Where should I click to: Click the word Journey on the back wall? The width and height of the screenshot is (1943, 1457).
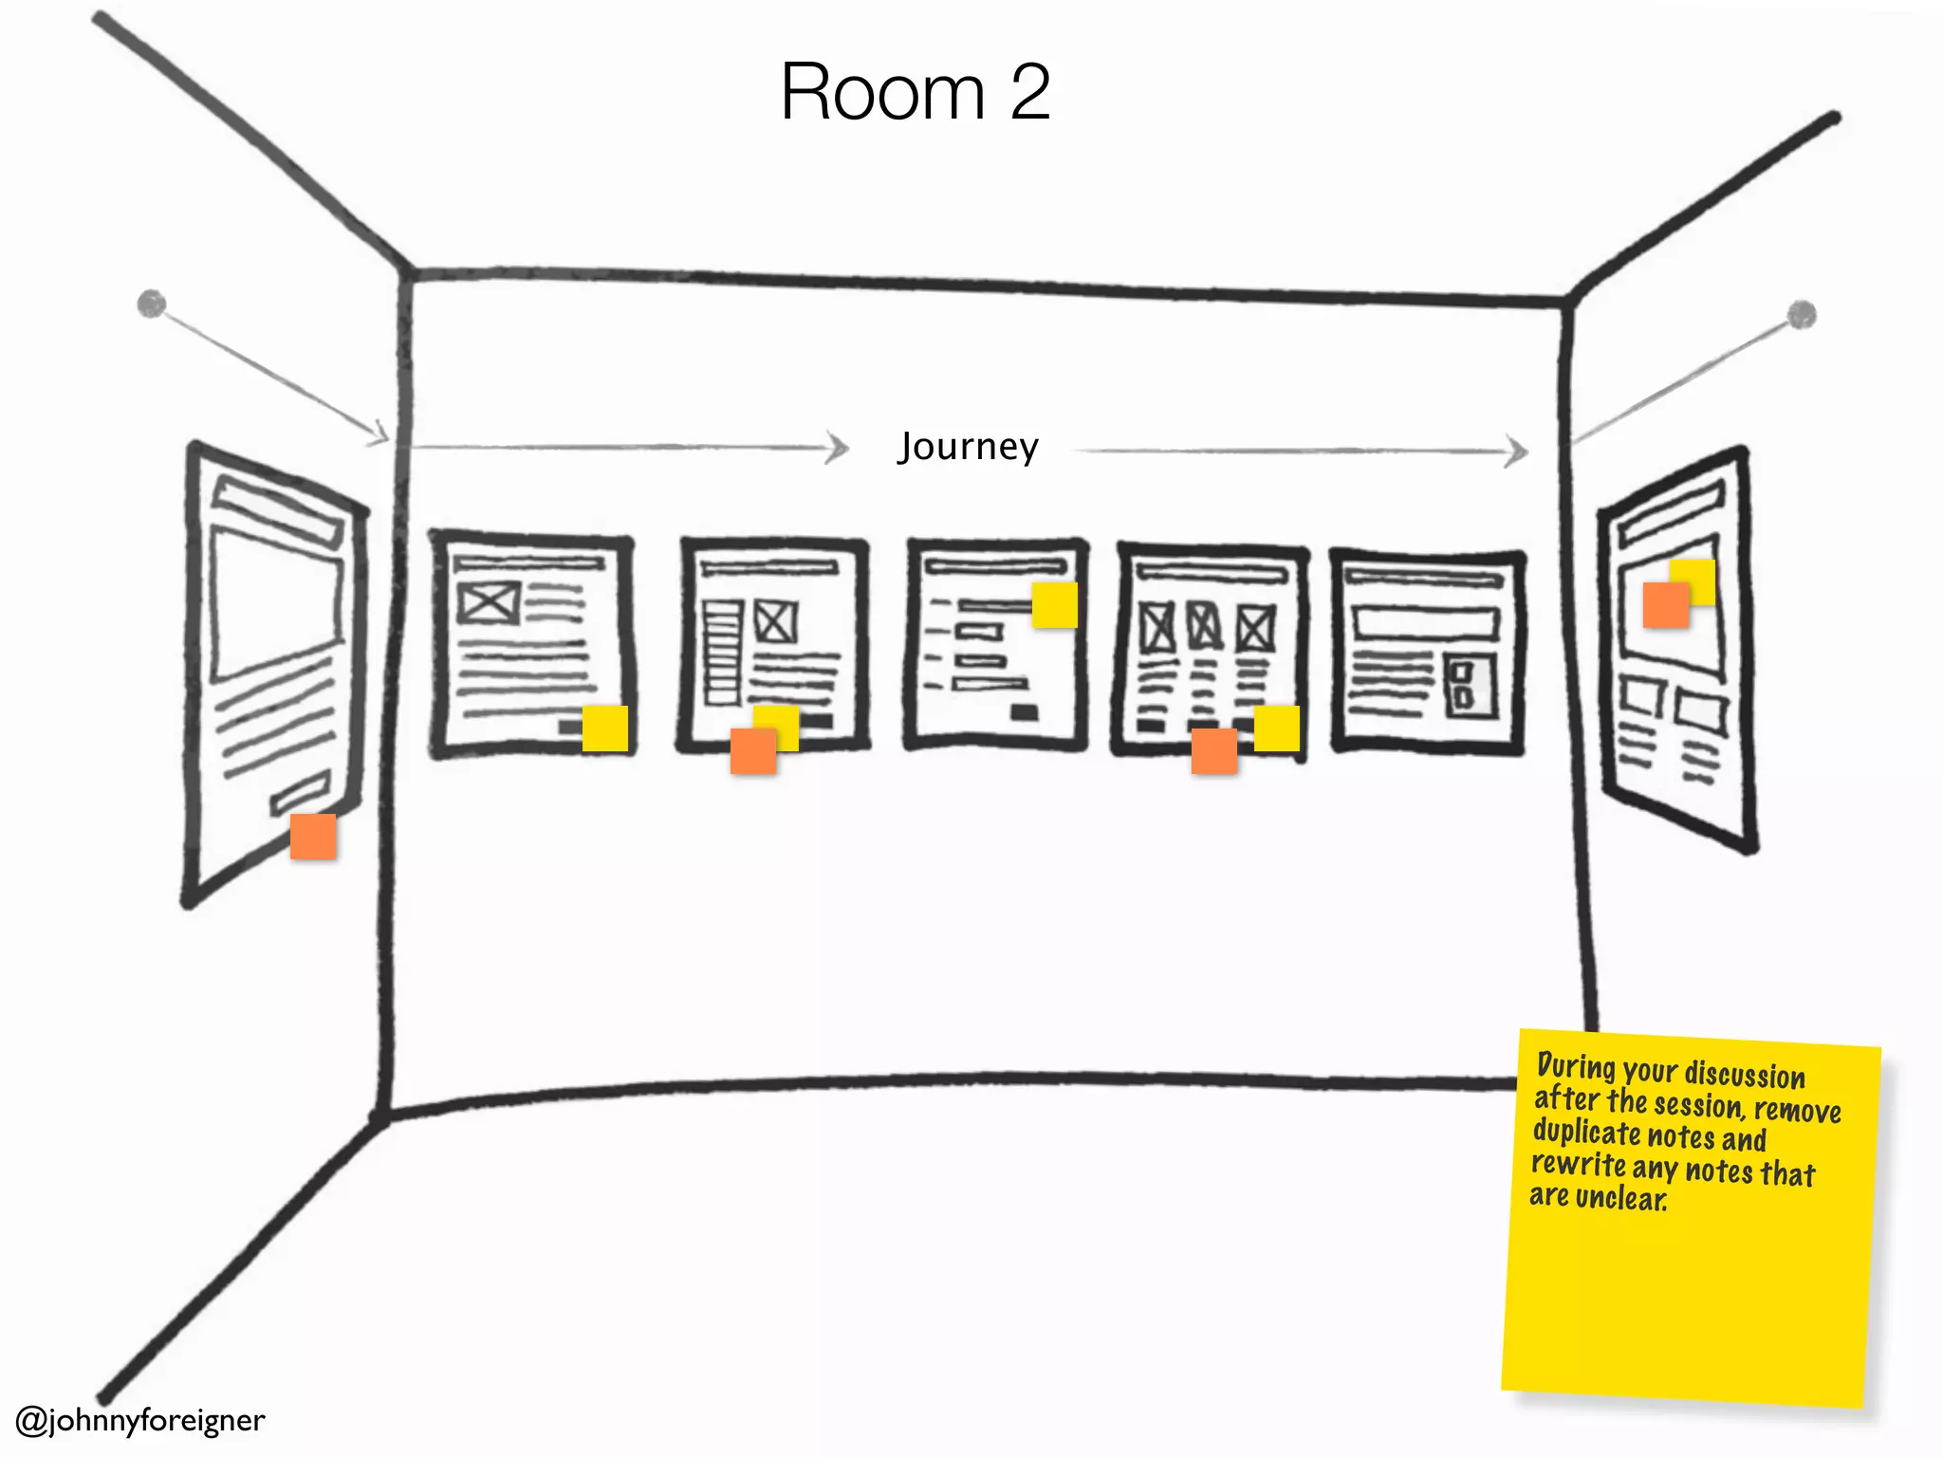point(969,447)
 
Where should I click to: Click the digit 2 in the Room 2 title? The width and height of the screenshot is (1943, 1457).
point(1029,92)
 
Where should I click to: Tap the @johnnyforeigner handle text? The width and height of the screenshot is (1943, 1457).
point(140,1420)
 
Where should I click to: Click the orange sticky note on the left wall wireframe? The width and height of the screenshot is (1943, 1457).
point(313,837)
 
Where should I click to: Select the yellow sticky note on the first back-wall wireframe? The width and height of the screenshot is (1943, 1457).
point(605,728)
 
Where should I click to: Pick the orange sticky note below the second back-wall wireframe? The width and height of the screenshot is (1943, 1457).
point(753,752)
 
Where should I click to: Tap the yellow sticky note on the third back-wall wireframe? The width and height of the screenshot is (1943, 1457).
point(1055,605)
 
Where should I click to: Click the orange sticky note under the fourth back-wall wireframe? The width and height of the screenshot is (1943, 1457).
point(1214,751)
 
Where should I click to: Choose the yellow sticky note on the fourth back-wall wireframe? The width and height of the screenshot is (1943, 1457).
point(1277,728)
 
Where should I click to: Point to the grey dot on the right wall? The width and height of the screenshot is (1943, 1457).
point(1802,314)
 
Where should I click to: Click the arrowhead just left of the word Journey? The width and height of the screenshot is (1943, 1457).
point(838,447)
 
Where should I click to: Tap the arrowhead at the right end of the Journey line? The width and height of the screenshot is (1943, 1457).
point(1518,452)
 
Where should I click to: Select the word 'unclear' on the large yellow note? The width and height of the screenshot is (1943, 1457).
point(1621,1198)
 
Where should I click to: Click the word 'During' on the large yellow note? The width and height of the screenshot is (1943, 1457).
point(1576,1066)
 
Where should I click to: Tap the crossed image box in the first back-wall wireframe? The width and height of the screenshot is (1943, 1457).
point(489,602)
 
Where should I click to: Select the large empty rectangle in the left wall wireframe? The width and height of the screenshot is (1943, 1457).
point(276,604)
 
